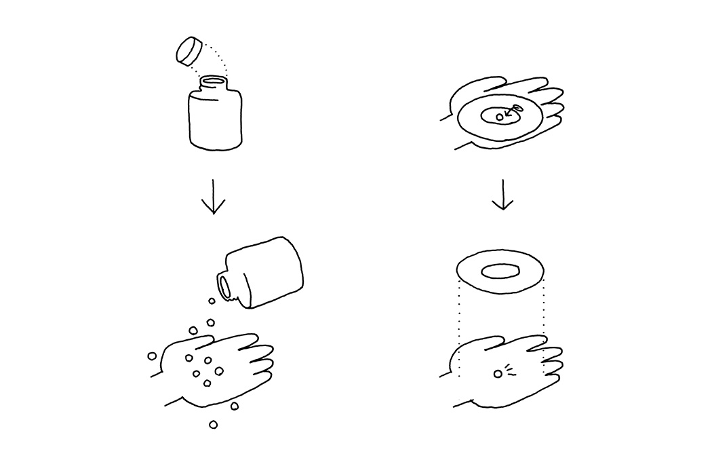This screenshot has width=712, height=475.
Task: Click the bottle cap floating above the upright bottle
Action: coord(189,50)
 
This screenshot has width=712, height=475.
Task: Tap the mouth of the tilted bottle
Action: coord(224,286)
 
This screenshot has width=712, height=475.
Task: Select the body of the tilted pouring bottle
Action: coord(268,271)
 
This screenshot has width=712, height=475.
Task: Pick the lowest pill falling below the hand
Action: coord(214,425)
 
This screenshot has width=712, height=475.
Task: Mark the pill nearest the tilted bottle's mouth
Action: coord(212,301)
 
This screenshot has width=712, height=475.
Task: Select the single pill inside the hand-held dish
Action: coord(500,117)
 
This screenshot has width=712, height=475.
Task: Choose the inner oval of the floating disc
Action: coord(500,272)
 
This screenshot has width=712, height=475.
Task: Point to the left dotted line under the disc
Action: coord(459,326)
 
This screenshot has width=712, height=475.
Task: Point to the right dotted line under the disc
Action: coord(543,319)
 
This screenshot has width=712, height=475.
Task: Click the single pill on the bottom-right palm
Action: coord(498,373)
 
